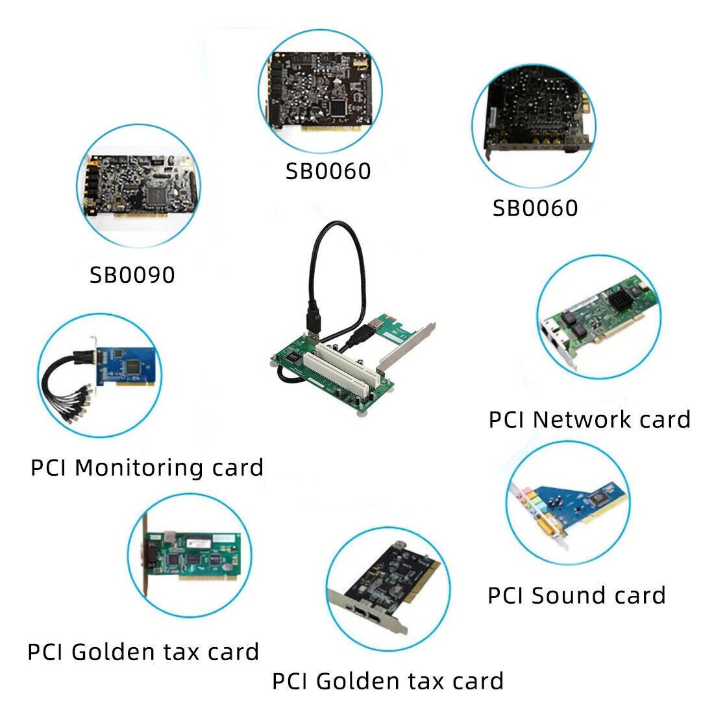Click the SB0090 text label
pyautogui.click(x=132, y=275)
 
